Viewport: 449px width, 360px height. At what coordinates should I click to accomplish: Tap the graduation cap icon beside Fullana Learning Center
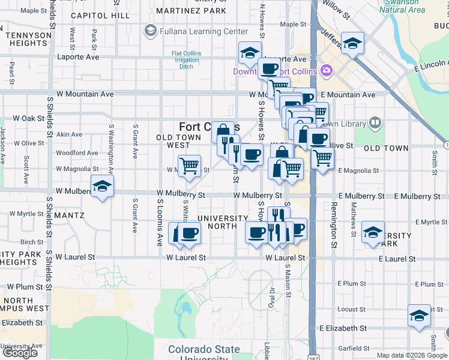click(x=150, y=31)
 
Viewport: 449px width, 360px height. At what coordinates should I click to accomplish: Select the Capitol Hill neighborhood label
click(x=99, y=16)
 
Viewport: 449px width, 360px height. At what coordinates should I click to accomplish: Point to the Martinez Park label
click(x=191, y=11)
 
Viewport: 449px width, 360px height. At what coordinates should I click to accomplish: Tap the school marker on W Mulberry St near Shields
click(x=103, y=187)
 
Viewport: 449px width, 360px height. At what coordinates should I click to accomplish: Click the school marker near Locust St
click(x=419, y=316)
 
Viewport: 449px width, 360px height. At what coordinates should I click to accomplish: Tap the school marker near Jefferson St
click(x=352, y=43)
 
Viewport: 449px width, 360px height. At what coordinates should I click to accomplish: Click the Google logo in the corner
click(x=20, y=353)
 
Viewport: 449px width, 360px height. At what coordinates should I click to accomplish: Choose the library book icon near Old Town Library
click(x=375, y=123)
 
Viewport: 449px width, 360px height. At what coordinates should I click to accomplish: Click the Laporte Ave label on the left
click(x=77, y=58)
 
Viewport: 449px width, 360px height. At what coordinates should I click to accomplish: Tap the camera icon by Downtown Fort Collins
click(x=327, y=71)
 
